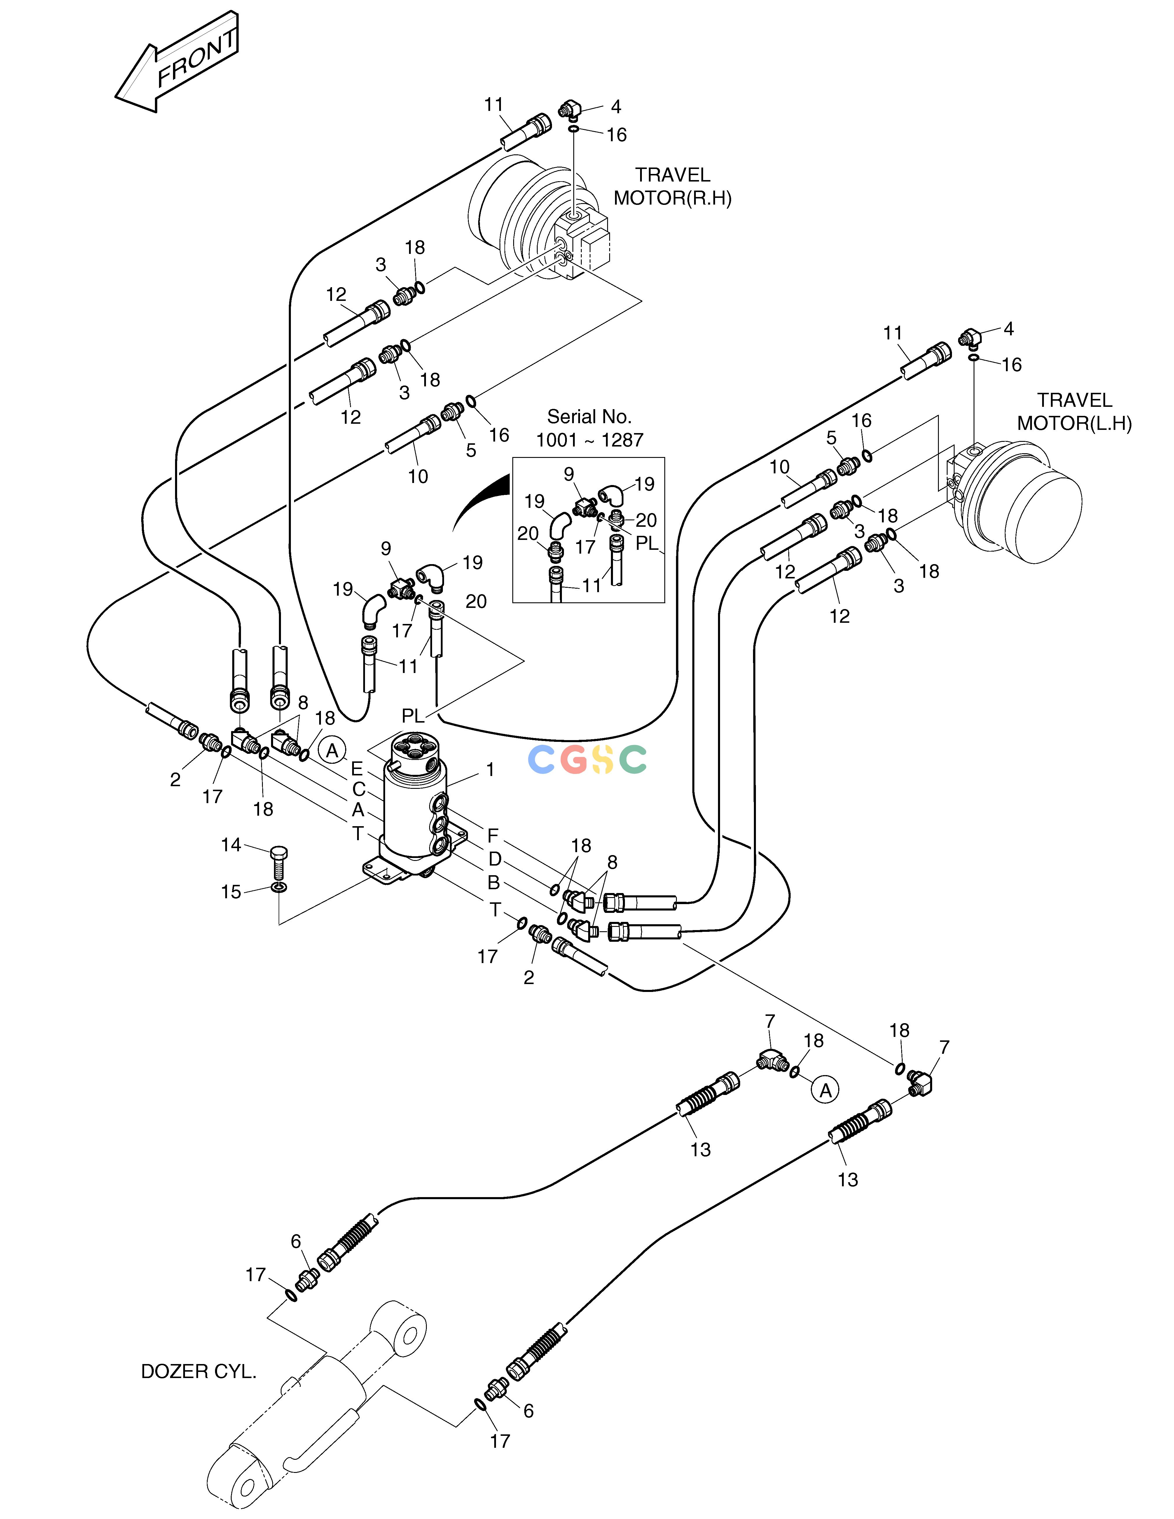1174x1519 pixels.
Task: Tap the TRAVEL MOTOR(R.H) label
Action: coord(672,186)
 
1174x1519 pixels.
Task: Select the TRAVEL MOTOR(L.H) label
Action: coord(1075,412)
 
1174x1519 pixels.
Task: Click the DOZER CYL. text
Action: coord(199,1372)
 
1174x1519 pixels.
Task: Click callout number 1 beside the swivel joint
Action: coord(490,769)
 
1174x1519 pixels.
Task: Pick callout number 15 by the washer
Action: coord(231,892)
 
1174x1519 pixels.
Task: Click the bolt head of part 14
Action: coord(278,853)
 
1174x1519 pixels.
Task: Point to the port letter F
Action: coord(492,835)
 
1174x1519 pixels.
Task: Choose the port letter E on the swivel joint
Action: coord(357,768)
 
